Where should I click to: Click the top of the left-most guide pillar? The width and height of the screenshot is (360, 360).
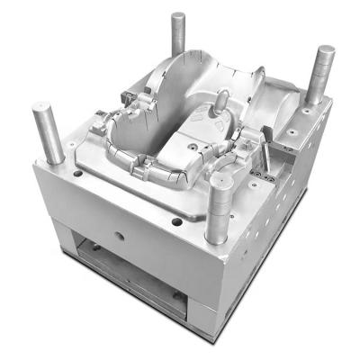[x=48, y=110]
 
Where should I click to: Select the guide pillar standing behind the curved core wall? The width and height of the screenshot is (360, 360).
[x=178, y=36]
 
